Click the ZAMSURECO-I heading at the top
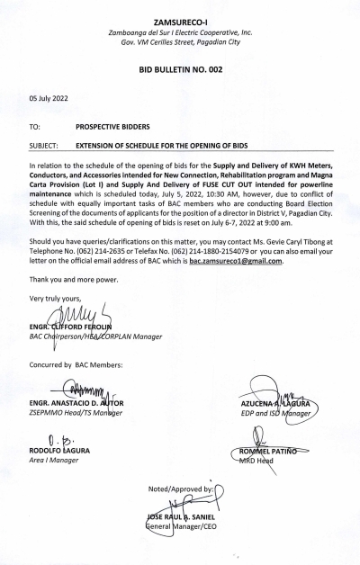[180, 18]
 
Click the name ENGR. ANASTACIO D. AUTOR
[80, 404]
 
